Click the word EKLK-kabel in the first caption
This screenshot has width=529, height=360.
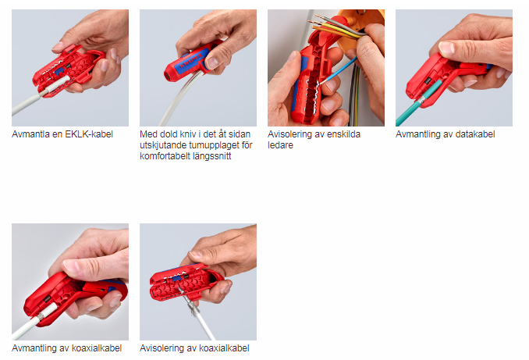89,134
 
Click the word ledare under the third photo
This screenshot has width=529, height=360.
280,145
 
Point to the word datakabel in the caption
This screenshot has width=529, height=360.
475,134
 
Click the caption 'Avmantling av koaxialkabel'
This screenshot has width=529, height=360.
67,348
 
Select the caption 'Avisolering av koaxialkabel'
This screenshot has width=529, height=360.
194,348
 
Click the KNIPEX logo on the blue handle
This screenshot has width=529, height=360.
190,61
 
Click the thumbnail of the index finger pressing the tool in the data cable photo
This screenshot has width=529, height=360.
447,48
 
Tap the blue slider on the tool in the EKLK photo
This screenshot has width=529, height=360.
60,71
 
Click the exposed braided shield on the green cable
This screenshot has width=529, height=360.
422,100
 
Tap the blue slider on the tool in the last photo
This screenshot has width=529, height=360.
175,279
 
